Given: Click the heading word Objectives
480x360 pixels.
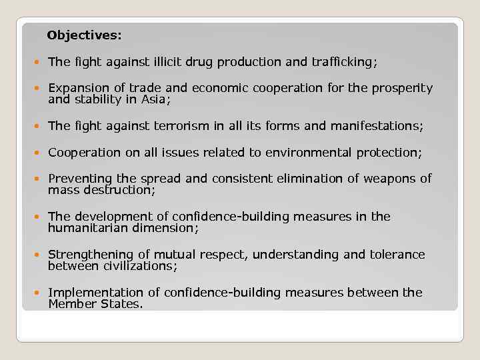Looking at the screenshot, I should tap(84, 34).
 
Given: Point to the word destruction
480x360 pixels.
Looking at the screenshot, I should tap(122, 190).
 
